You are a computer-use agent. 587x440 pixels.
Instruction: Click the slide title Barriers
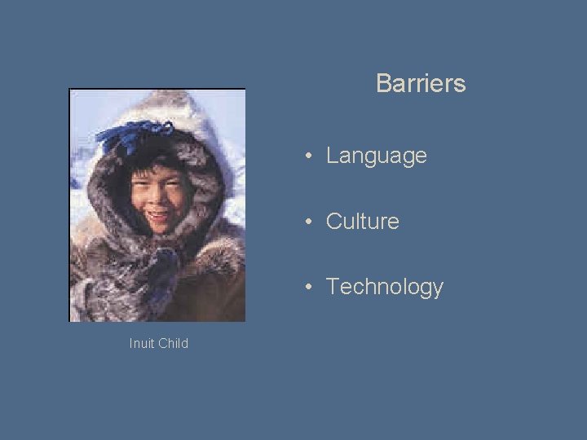(421, 83)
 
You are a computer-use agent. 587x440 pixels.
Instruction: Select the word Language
(376, 156)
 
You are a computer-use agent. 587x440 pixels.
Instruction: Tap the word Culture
(362, 221)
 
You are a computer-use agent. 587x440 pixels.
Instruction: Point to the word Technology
(384, 287)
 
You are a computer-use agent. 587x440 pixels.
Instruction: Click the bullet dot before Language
(311, 156)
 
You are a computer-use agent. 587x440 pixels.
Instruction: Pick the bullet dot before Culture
(311, 222)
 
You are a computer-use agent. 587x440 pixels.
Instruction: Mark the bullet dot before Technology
(311, 287)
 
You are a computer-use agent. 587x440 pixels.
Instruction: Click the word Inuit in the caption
(142, 343)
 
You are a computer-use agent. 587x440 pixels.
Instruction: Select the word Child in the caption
(173, 343)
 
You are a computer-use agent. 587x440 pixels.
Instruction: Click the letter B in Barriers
(382, 83)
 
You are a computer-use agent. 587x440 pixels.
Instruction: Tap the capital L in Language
(331, 156)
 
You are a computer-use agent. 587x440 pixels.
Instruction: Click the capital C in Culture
(333, 221)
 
